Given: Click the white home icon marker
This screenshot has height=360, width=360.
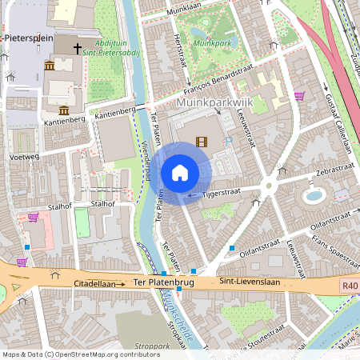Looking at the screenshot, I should (x=180, y=173).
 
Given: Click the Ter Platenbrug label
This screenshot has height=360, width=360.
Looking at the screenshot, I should (x=165, y=282).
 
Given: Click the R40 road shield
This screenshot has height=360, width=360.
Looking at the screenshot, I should (x=349, y=286).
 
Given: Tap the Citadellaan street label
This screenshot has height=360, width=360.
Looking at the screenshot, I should (x=96, y=284).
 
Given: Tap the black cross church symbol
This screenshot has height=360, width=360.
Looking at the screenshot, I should (x=78, y=49).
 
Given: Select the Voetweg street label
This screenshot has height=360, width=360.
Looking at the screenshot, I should (x=24, y=158).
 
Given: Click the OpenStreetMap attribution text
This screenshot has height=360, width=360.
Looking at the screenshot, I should (x=70, y=354).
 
